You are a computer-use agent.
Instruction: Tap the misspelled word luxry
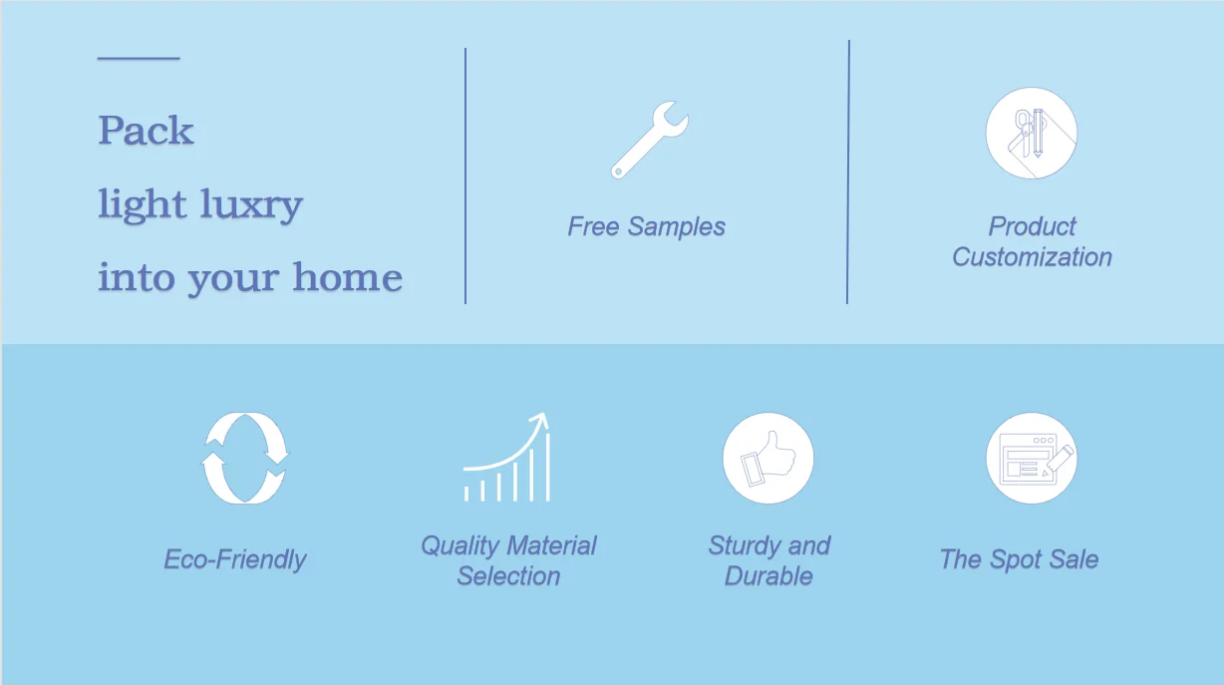[251, 205]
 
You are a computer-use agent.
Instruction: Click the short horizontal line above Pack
[139, 58]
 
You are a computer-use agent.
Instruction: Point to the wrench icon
[649, 140]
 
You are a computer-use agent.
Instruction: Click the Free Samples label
[647, 226]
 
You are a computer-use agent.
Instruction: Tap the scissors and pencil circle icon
[1032, 133]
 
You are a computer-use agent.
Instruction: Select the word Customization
[1033, 256]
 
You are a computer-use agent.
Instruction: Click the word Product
[1033, 225]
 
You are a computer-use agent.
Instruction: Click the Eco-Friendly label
[235, 559]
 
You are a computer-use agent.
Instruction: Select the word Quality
[460, 545]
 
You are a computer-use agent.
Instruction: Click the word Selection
[508, 575]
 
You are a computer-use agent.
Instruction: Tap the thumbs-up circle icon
[768, 458]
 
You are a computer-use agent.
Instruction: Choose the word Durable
[768, 575]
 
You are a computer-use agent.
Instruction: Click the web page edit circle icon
[1032, 458]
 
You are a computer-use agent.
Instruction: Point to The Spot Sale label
[1019, 558]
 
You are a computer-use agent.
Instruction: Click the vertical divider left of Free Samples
[465, 175]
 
